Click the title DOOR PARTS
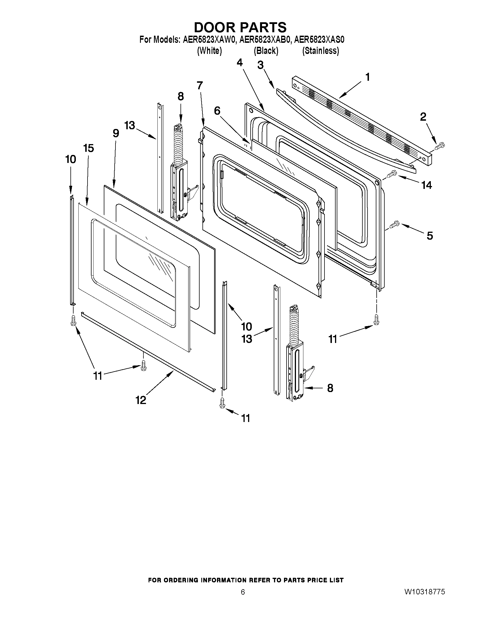click(240, 27)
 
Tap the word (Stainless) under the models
click(320, 51)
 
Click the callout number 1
click(367, 77)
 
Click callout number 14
click(427, 185)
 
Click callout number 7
click(200, 85)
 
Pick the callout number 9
click(116, 133)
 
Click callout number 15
click(88, 148)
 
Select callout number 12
click(141, 400)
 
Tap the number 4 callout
click(240, 62)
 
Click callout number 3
click(260, 65)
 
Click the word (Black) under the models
click(266, 51)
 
